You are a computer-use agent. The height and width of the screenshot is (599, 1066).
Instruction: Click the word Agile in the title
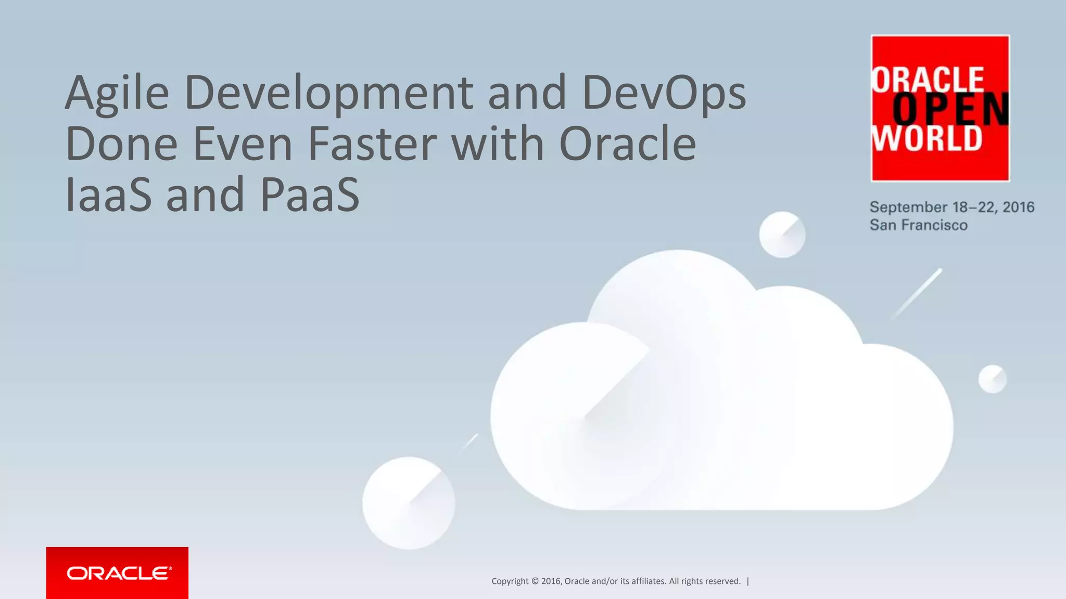(117, 94)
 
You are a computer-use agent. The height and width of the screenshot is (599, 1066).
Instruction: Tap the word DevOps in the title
(664, 94)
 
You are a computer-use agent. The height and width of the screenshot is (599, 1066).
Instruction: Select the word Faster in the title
(372, 144)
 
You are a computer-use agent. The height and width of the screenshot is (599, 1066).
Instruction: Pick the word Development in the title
(328, 94)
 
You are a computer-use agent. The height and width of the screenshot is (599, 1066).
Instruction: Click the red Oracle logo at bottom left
(117, 572)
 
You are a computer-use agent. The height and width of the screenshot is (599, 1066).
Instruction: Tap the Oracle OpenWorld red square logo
(940, 108)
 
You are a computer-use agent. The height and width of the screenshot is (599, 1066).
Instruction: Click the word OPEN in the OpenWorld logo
(950, 109)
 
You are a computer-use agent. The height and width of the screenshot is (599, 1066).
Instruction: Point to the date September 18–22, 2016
(951, 207)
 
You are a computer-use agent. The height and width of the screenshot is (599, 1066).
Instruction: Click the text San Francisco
(919, 225)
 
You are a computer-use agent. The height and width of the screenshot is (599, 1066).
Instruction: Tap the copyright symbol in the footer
(535, 581)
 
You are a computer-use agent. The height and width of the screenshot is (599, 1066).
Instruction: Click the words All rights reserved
(705, 581)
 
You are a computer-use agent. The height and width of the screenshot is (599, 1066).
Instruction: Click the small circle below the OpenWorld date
(782, 235)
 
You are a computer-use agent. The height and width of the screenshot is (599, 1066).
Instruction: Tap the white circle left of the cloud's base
(409, 503)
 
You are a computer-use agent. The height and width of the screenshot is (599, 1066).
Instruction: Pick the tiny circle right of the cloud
(993, 379)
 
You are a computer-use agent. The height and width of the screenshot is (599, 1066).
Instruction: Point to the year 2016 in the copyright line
(551, 581)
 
